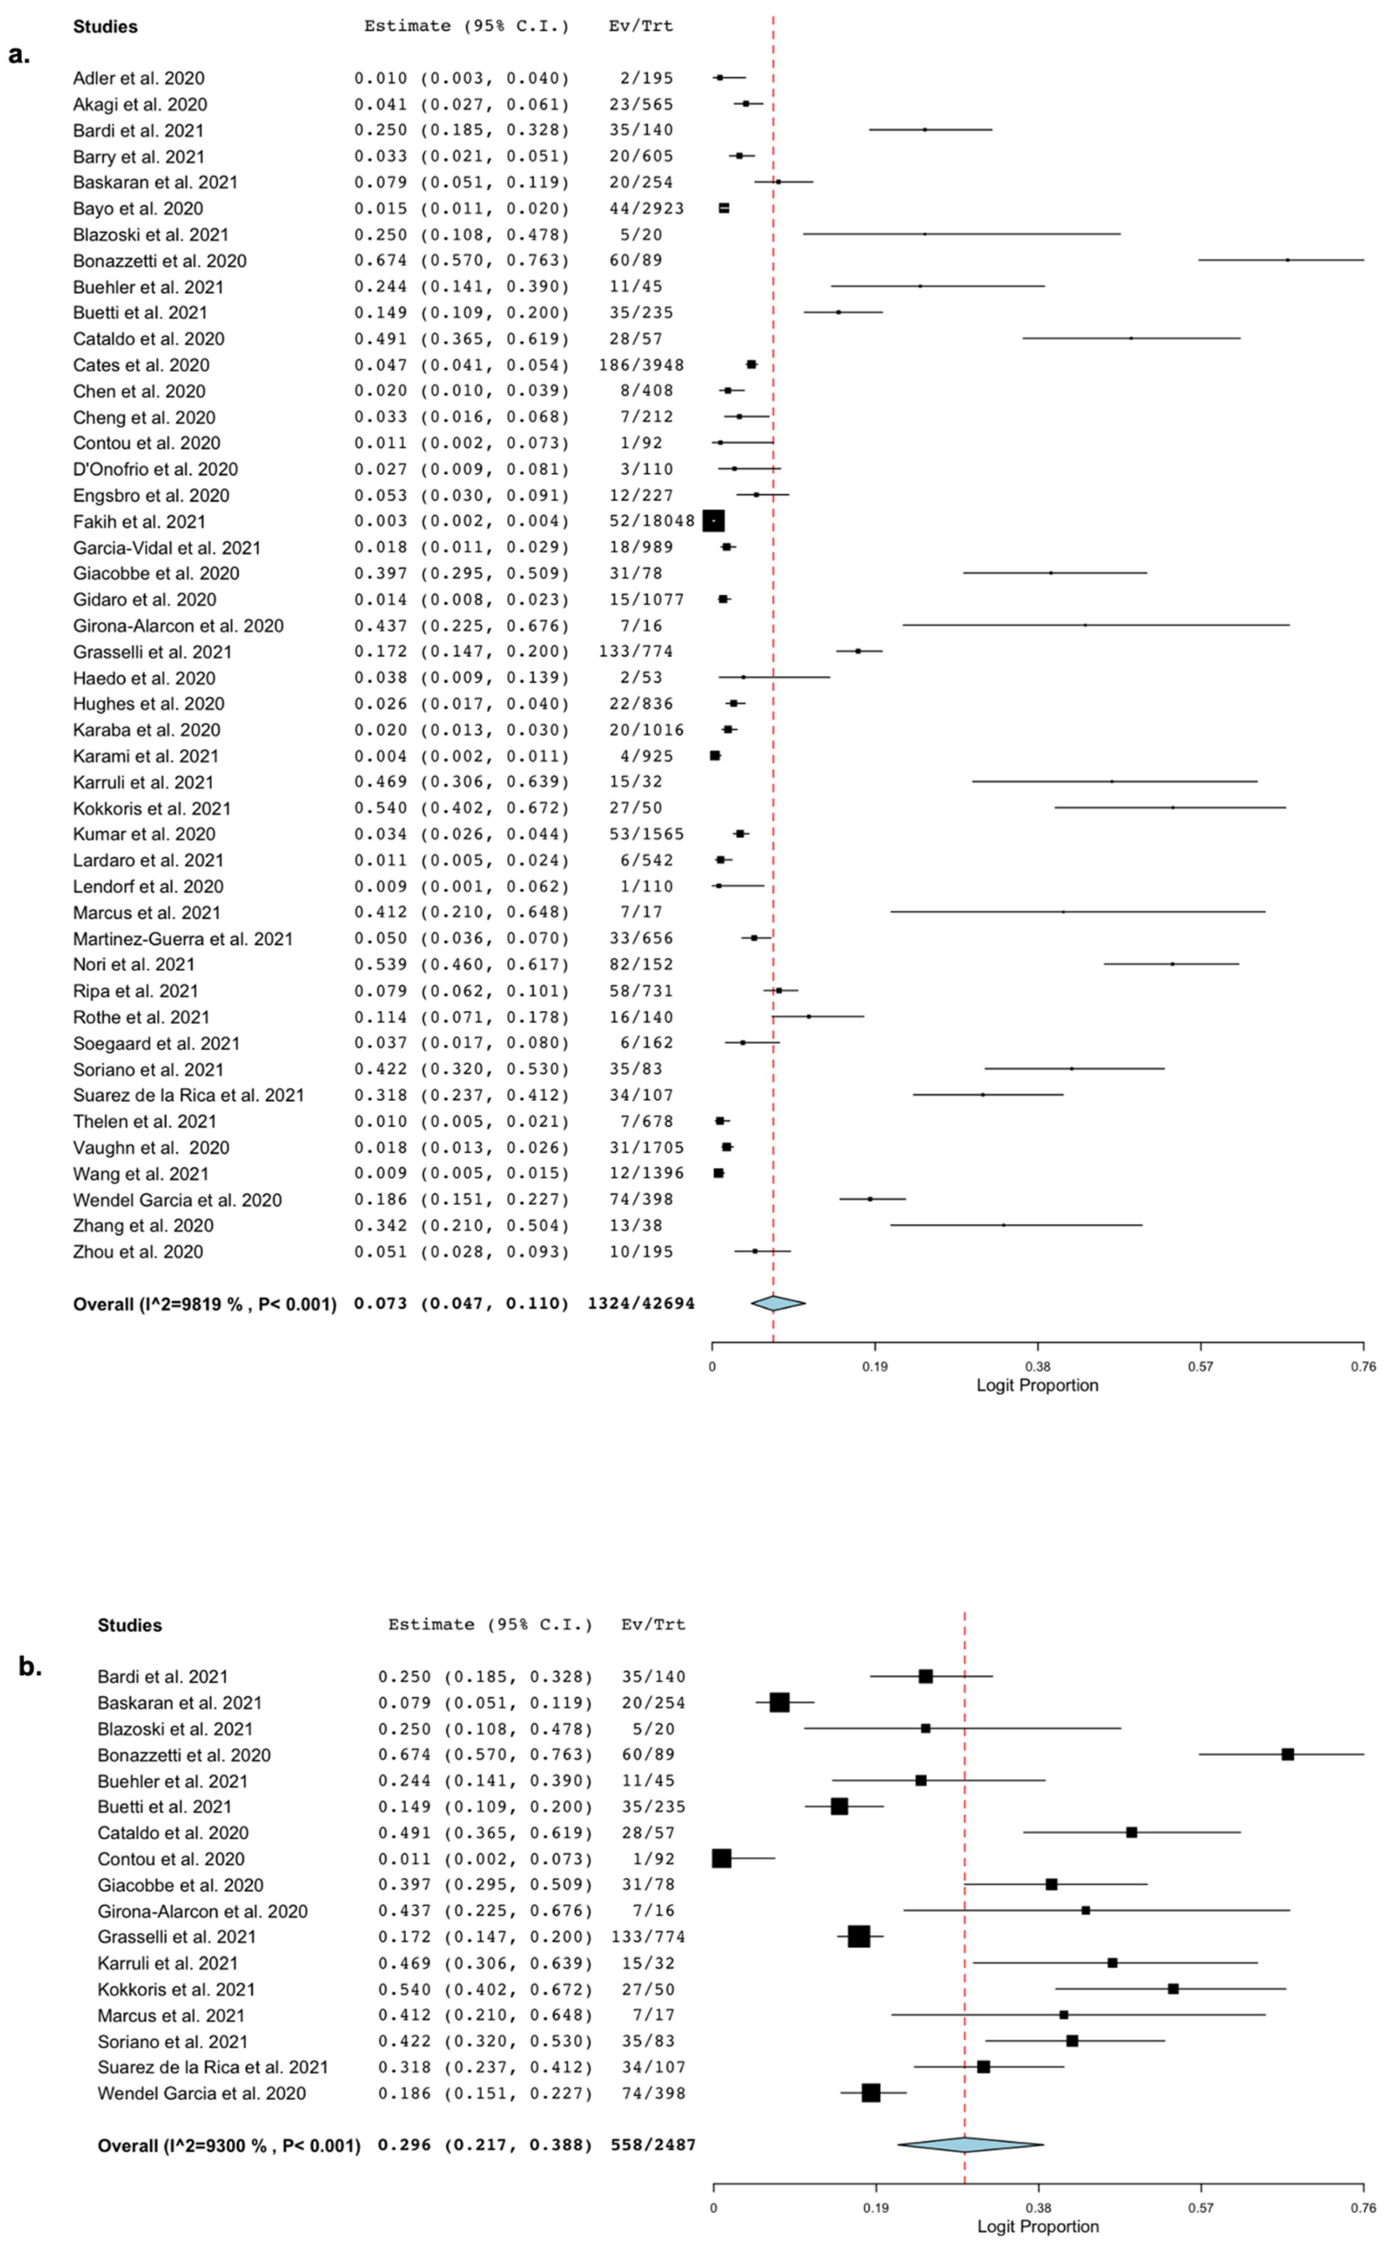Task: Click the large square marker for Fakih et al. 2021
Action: tap(713, 520)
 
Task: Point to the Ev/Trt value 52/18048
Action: tap(652, 520)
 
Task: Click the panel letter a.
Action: tap(19, 55)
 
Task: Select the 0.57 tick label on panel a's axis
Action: tap(1200, 1366)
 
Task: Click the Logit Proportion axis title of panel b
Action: tap(1038, 2226)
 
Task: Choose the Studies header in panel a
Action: tap(106, 27)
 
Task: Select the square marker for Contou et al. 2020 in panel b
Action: tap(722, 1858)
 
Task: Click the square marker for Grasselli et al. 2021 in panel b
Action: tap(859, 1937)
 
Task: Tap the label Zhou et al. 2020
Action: tap(138, 1252)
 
